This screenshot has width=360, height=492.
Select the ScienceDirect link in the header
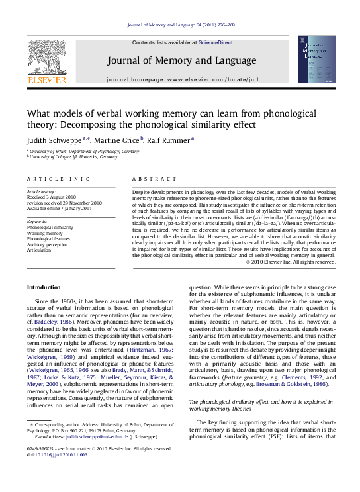(216, 42)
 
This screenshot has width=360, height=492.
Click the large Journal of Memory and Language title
(181, 61)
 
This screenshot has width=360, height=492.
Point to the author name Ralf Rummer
(169, 140)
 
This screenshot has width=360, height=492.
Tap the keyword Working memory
(45, 233)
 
